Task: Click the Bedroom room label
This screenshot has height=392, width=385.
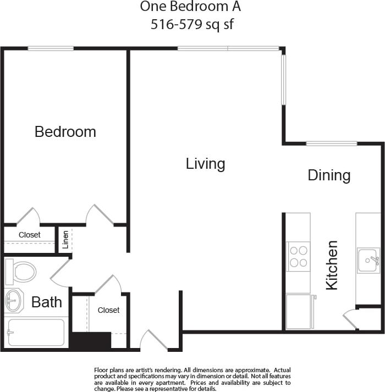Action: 65,132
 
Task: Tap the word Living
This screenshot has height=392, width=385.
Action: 205,164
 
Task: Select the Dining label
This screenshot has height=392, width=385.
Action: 329,175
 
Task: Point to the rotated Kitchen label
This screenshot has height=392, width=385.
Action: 332,265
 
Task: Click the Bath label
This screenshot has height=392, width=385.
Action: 46,302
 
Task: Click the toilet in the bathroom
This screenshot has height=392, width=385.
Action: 20,271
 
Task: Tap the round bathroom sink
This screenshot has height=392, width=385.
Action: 13,300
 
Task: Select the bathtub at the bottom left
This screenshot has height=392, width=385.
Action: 36,333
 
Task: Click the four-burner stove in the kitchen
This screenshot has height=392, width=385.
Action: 298,256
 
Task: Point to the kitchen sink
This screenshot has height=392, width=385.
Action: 368,260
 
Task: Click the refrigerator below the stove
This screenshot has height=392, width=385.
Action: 299,312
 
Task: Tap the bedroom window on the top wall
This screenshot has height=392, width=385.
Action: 51,48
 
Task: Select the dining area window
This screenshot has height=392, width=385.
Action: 331,143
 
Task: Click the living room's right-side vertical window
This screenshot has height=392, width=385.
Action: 284,79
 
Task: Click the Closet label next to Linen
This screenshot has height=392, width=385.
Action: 30,235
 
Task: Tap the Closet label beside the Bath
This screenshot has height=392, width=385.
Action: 108,310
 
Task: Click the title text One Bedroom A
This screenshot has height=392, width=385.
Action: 190,7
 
